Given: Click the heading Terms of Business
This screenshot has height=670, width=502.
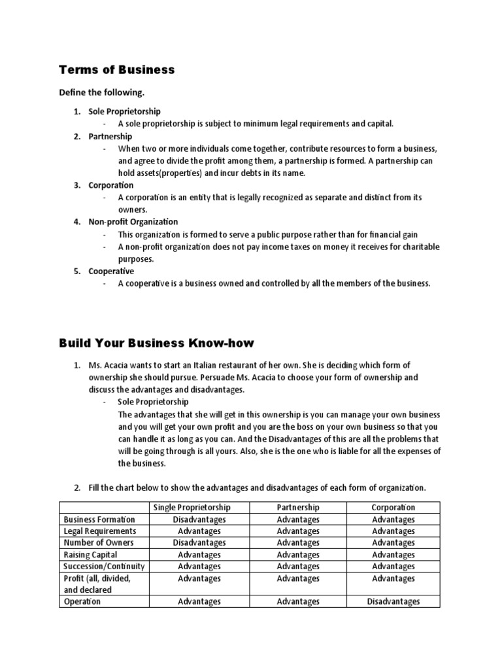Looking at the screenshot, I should (x=117, y=70).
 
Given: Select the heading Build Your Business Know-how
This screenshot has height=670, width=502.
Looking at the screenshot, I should (x=156, y=343).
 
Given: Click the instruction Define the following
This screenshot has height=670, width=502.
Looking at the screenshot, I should (x=101, y=94).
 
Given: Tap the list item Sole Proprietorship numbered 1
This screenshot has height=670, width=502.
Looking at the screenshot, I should (x=124, y=112).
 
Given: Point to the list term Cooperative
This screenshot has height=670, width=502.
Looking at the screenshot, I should (x=111, y=271).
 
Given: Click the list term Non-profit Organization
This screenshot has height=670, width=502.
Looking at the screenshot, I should (x=133, y=222).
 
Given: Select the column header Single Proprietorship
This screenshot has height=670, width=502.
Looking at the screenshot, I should (x=192, y=507).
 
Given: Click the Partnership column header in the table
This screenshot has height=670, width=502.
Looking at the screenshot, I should (x=298, y=507).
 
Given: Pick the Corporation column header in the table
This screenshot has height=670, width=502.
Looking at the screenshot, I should (x=393, y=507).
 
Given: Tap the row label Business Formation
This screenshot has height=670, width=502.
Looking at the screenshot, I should (x=99, y=520).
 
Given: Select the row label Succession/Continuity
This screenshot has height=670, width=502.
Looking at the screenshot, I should (x=104, y=566).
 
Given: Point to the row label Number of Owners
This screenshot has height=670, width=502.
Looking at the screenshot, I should (x=98, y=542).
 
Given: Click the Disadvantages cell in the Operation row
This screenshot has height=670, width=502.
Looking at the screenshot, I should (x=393, y=601).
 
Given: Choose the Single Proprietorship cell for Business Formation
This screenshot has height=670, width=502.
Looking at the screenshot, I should (x=199, y=520).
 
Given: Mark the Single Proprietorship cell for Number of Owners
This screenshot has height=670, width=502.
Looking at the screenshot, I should (x=199, y=542).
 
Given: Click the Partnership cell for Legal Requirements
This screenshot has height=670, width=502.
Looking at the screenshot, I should (x=298, y=531).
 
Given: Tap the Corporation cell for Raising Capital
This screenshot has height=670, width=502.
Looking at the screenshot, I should (x=393, y=555).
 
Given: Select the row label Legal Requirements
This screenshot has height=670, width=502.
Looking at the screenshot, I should (x=100, y=531).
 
